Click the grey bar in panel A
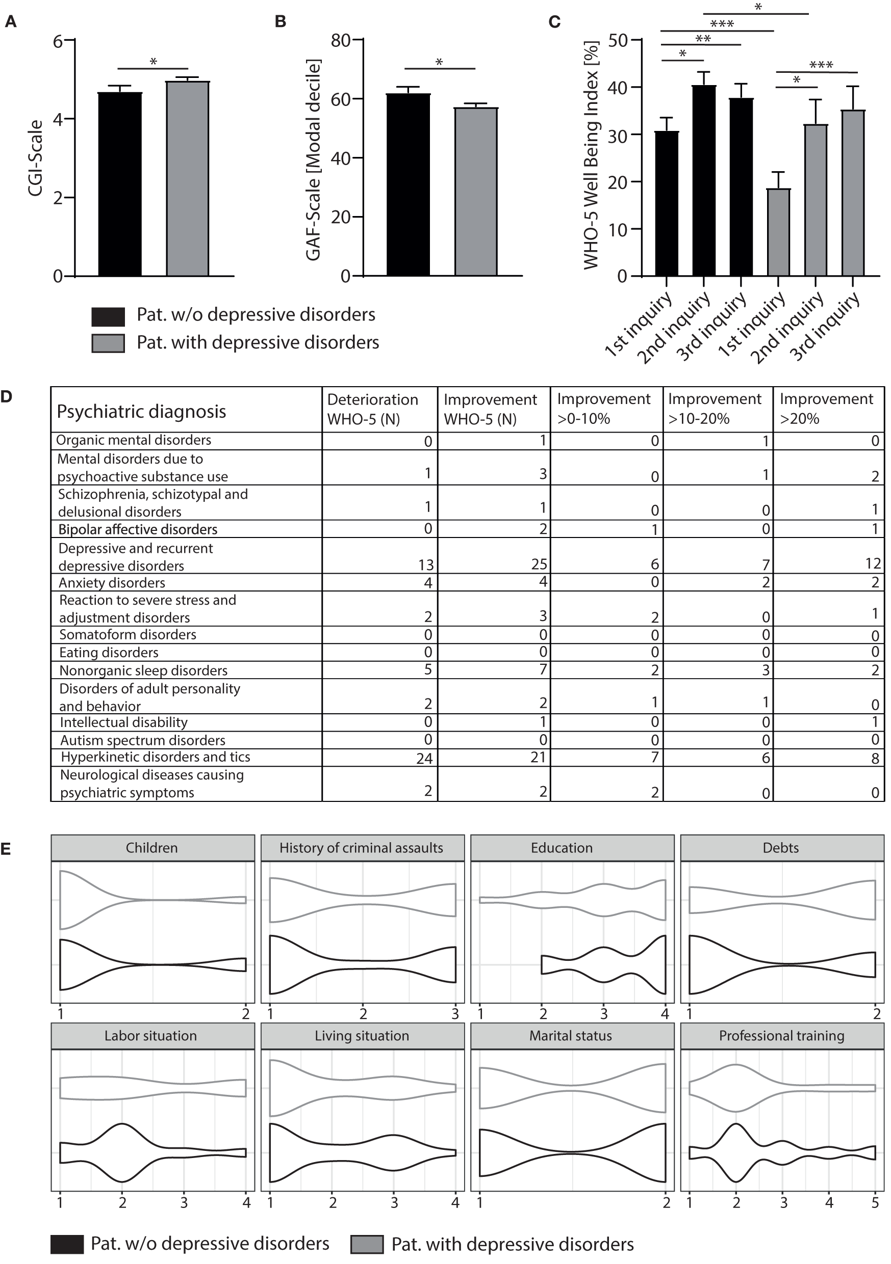click(x=187, y=179)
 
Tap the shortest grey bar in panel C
click(x=778, y=232)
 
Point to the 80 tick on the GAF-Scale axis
click(x=341, y=40)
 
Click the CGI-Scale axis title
click(x=36, y=158)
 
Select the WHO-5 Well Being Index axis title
click(x=591, y=155)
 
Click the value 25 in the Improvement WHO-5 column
click(x=539, y=564)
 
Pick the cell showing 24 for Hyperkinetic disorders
click(x=424, y=759)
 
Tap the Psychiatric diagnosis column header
click(x=142, y=411)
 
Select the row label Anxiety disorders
click(x=112, y=582)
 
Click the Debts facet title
click(x=780, y=848)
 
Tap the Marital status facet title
click(x=570, y=1036)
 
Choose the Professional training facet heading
click(x=781, y=1036)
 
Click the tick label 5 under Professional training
click(x=875, y=1203)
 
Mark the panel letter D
click(x=7, y=396)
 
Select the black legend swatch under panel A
click(x=108, y=316)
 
